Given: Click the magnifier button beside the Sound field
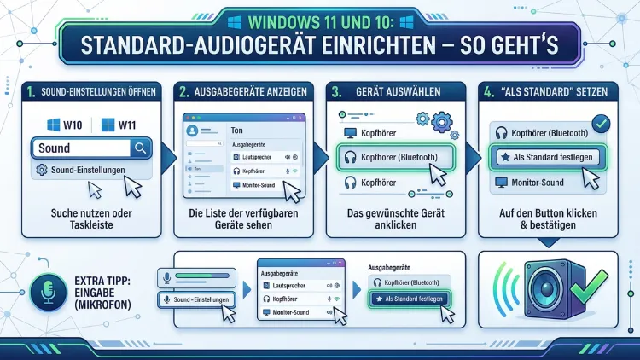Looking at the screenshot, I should click(x=140, y=148).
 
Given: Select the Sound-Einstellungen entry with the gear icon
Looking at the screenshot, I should click(x=81, y=170).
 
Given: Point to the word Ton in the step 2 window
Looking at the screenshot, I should click(x=238, y=131).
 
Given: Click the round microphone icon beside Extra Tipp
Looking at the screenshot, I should click(x=45, y=293).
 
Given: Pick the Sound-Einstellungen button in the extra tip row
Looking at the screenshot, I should click(x=197, y=299).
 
